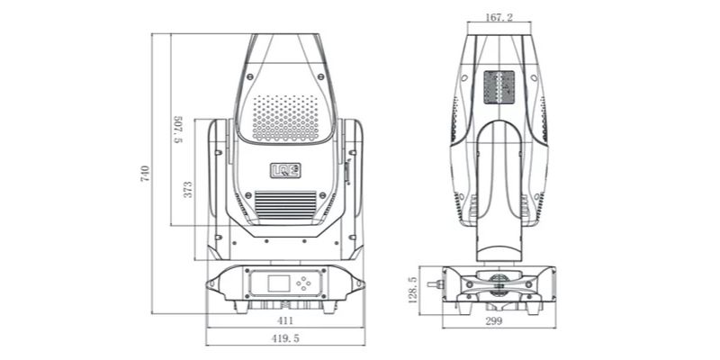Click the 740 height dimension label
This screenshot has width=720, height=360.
click(145, 175)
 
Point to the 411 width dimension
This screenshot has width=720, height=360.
click(285, 319)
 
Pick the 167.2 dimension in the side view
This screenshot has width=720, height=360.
click(499, 17)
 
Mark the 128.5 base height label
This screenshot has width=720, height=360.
click(413, 290)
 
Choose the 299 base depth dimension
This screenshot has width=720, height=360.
click(493, 321)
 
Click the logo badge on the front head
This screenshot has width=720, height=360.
click(285, 167)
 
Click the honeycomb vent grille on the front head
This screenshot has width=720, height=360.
click(285, 118)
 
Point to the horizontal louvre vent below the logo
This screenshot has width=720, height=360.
click(285, 204)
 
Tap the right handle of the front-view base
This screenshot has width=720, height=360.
click(357, 283)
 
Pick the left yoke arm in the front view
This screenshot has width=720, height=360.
click(219, 180)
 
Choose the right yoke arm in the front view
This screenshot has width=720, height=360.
click(352, 180)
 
